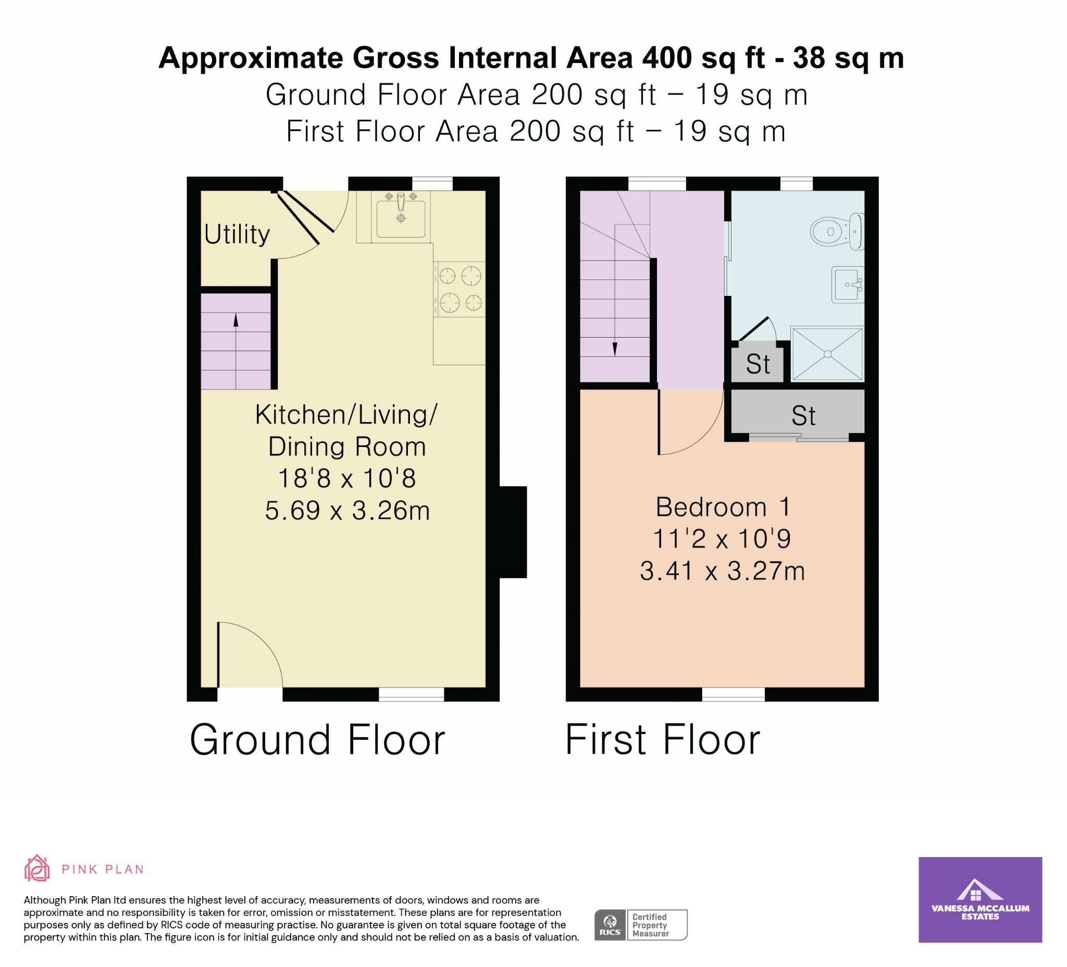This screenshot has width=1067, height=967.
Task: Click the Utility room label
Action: (x=237, y=234)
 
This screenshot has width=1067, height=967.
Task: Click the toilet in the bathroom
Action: (x=837, y=231)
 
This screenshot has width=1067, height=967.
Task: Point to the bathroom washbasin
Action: (x=848, y=284)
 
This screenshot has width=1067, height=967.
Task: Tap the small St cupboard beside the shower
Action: (x=758, y=364)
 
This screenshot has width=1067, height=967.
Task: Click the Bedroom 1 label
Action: (x=723, y=507)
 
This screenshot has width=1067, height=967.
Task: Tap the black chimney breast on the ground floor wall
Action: (x=513, y=531)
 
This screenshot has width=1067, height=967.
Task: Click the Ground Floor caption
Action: (x=318, y=740)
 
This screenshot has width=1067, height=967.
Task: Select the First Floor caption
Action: (x=663, y=740)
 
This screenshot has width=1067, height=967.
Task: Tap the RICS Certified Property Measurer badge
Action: (x=641, y=925)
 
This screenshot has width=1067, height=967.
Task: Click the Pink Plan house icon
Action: (x=37, y=868)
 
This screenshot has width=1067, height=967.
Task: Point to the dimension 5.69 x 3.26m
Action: (x=347, y=511)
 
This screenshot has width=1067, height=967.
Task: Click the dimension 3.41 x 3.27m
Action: (x=723, y=572)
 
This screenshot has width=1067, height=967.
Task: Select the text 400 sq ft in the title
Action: (x=704, y=58)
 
